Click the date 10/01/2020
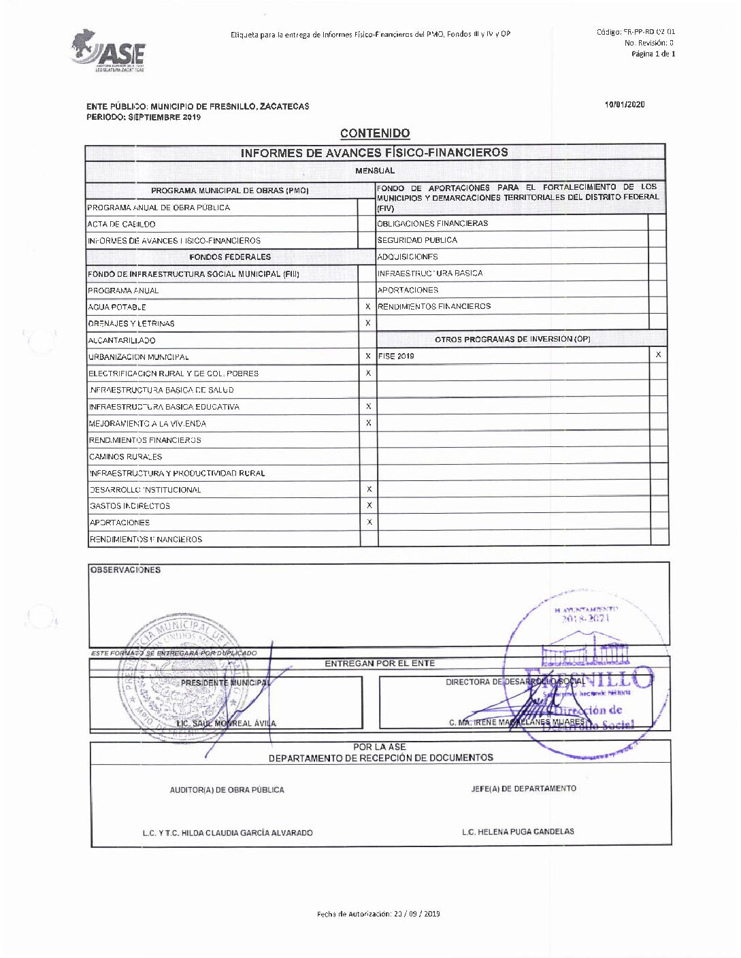pos(625,105)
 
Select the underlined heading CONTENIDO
pos(375,133)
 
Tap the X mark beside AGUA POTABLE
pos(368,307)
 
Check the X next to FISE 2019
pos(658,355)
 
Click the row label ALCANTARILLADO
pos(122,340)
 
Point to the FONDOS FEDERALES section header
pos(230,257)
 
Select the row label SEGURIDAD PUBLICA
pos(417,240)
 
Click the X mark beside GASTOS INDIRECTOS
pos(369,506)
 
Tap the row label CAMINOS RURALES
pos(126,457)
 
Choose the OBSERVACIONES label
pos(126,570)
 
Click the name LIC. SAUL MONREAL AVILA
pos(227,723)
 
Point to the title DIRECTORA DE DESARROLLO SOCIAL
pos(515,682)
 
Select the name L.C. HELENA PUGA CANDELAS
pos(518,831)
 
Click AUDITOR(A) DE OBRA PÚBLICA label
pos(227,790)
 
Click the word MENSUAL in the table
pos(375,171)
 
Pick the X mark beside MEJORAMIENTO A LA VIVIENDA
pos(369,423)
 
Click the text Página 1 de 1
pos(653,54)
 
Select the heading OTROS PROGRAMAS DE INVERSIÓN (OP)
pos(512,339)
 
